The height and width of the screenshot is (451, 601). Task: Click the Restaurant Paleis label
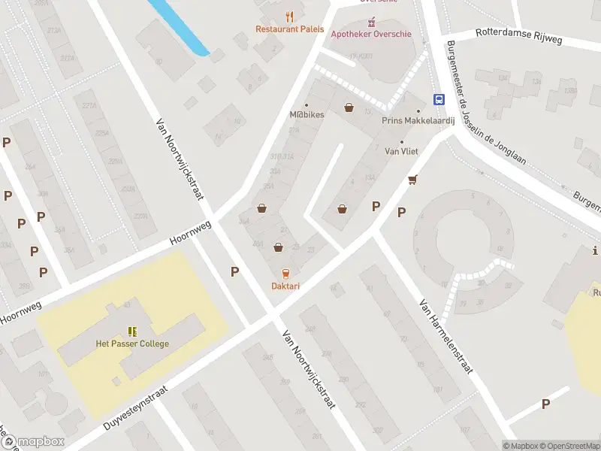pyautogui.click(x=289, y=29)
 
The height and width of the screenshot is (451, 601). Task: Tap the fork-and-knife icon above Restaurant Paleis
pyautogui.click(x=289, y=16)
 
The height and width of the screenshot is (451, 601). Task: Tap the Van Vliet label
pyautogui.click(x=401, y=151)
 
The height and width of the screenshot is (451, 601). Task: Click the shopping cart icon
pyautogui.click(x=412, y=180)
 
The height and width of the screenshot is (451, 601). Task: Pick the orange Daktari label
pyautogui.click(x=285, y=286)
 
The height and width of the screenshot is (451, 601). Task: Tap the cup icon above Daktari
pyautogui.click(x=285, y=273)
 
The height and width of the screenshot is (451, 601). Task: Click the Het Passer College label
pyautogui.click(x=132, y=344)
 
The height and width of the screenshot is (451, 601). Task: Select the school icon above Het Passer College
pyautogui.click(x=133, y=331)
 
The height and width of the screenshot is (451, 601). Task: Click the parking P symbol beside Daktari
pyautogui.click(x=235, y=272)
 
